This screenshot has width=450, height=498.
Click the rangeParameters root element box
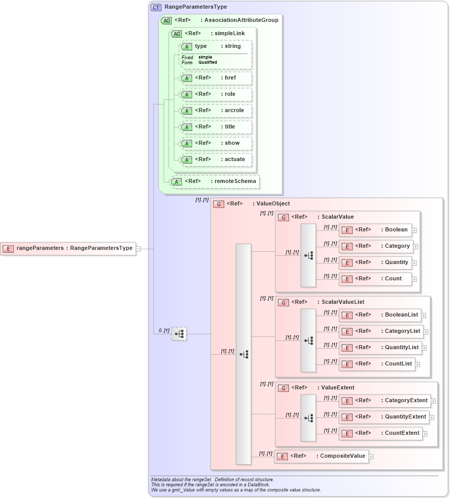tap(68, 248)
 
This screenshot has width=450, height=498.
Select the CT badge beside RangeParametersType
tap(156, 7)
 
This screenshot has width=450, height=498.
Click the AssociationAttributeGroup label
tap(241, 20)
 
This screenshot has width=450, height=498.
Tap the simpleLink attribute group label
tap(230, 34)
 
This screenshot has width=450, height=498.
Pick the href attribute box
tap(216, 78)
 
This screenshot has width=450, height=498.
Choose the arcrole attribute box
tap(216, 111)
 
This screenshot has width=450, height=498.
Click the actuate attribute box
tap(216, 160)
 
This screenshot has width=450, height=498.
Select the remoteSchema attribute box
tap(214, 181)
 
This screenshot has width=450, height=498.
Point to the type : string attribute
tap(216, 46)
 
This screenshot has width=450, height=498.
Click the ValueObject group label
tap(273, 204)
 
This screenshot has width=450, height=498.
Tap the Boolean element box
tap(375, 230)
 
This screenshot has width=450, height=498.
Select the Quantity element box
tap(375, 263)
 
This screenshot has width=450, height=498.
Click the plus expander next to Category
tap(416, 247)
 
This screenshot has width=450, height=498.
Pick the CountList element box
tap(377, 364)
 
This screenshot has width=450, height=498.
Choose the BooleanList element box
tap(380, 315)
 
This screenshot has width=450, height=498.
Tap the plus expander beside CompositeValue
tap(371, 456)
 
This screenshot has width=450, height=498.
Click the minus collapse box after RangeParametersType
tap(138, 249)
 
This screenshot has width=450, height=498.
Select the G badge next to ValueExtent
tap(283, 388)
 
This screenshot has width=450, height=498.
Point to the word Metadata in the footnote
tap(162, 480)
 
